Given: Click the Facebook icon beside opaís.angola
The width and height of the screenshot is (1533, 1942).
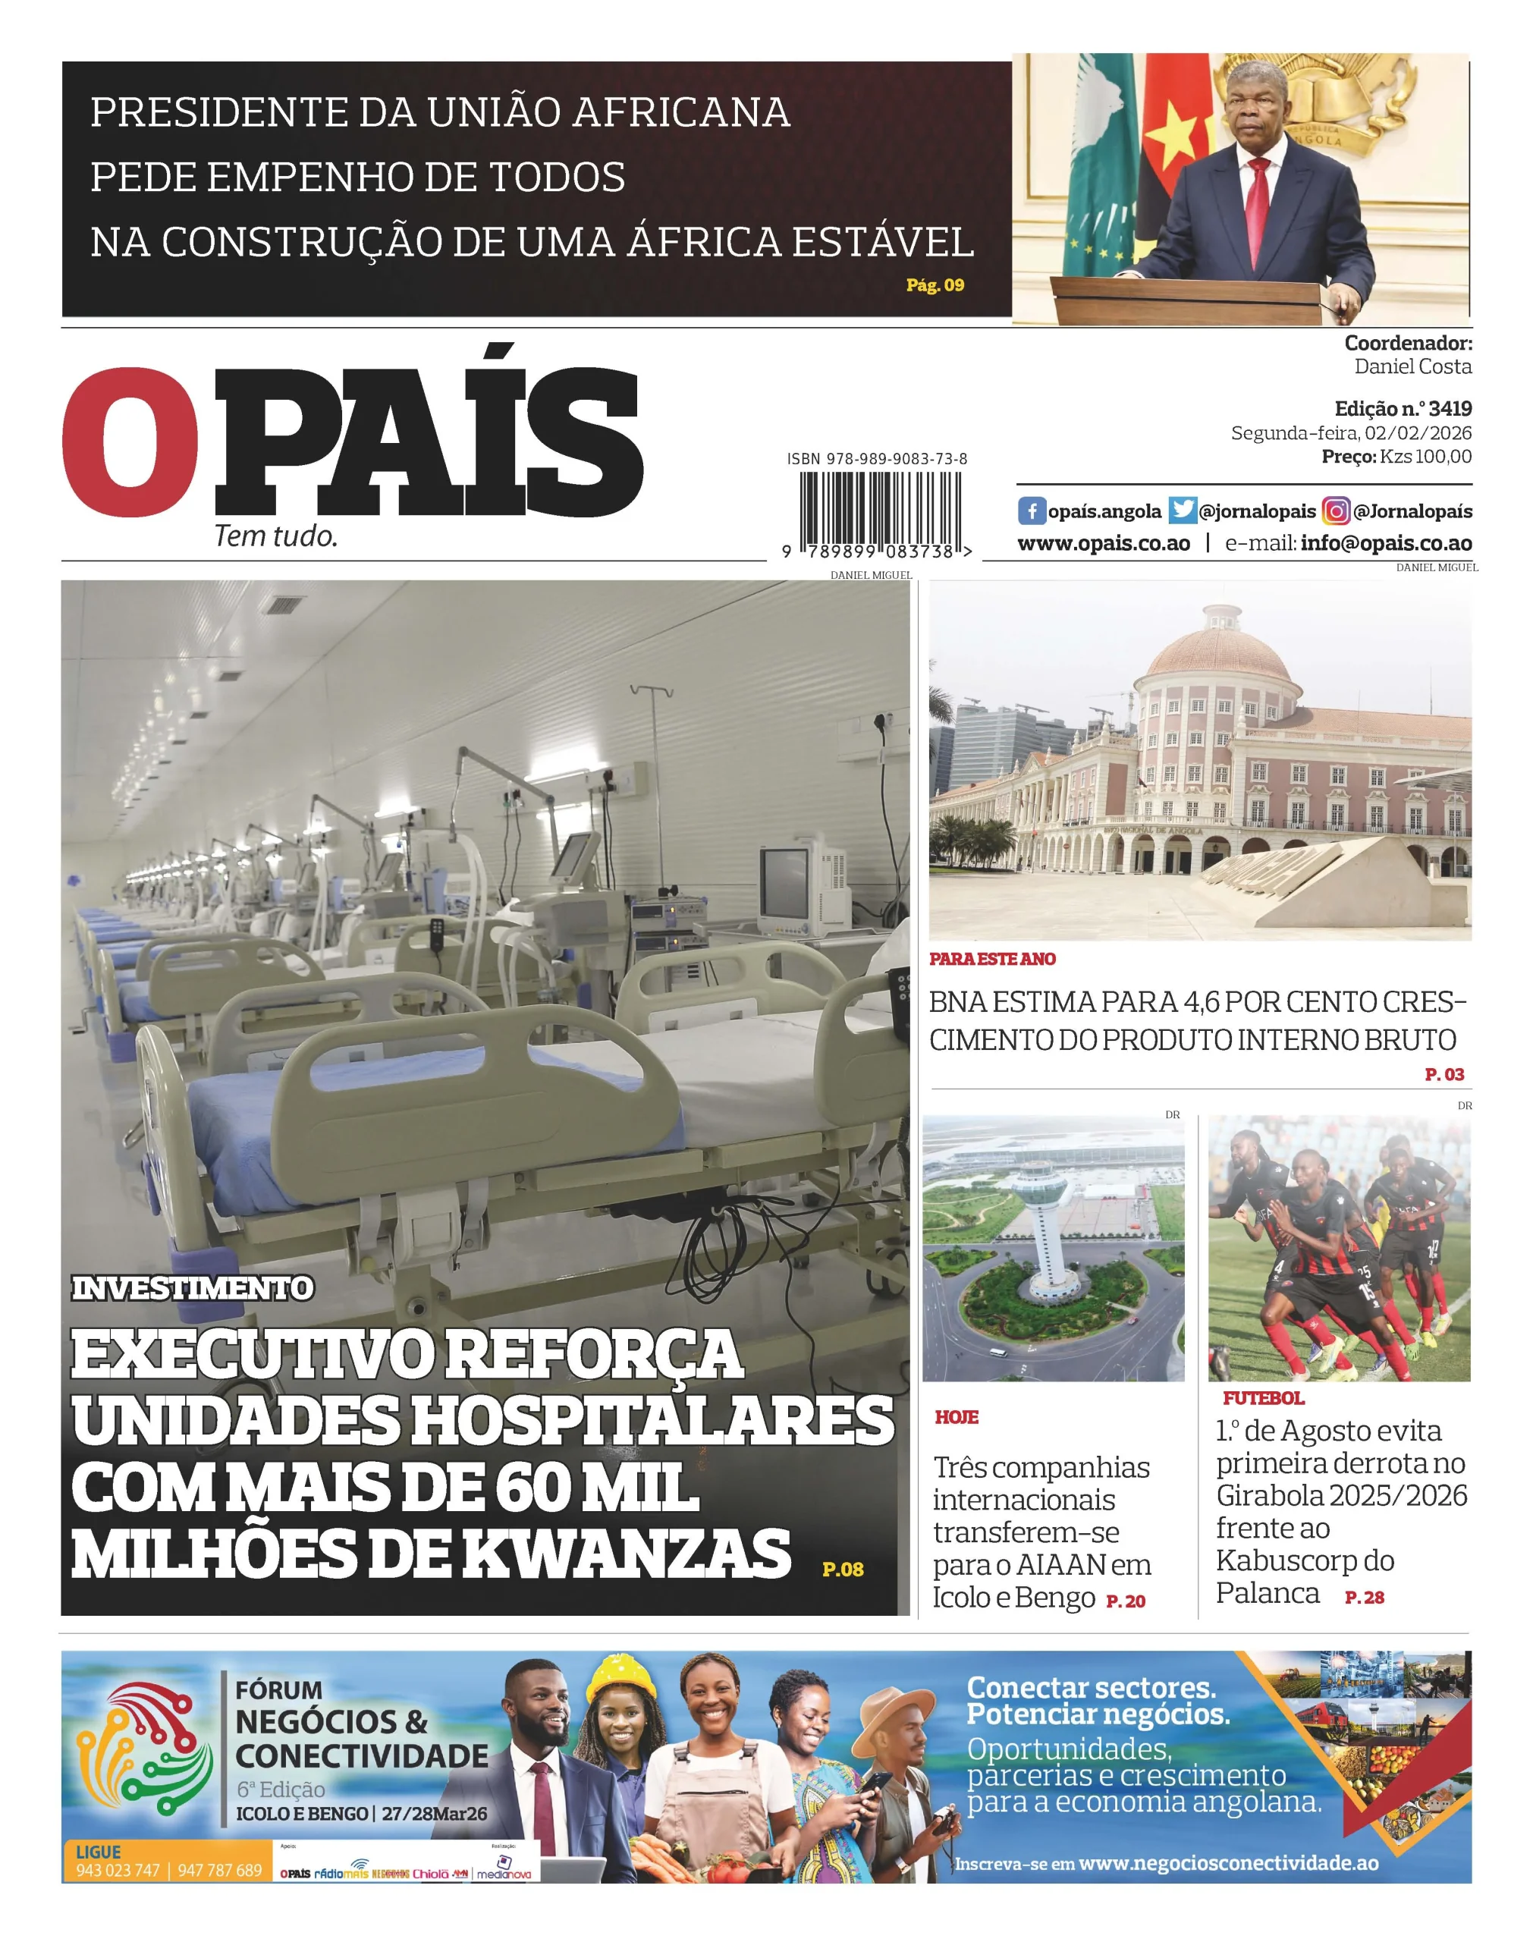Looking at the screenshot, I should click(1032, 511).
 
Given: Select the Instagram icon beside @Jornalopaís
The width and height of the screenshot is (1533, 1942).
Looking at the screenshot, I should click(1336, 511).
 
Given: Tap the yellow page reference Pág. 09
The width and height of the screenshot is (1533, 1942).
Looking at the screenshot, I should click(935, 285).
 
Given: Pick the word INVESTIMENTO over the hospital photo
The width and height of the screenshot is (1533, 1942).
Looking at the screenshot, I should click(192, 1288).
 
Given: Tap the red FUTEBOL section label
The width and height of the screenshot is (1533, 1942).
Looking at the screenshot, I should click(1263, 1398).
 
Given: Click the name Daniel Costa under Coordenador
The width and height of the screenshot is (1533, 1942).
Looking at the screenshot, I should click(1412, 366).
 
